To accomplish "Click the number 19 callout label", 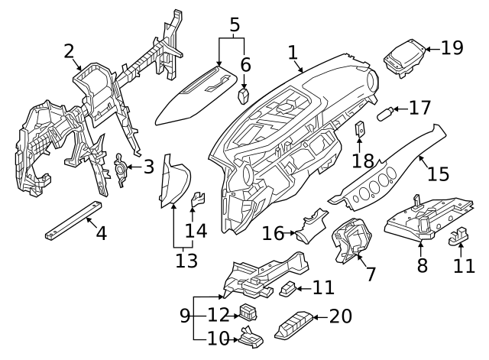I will [452, 47].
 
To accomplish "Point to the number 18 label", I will [362, 161].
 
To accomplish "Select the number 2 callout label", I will [69, 52].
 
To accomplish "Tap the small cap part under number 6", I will [244, 96].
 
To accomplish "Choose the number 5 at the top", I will [235, 25].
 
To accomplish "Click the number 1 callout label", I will [292, 52].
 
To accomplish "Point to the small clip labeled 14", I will [197, 201].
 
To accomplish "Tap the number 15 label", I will [438, 174].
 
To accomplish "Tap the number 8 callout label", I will [422, 265].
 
